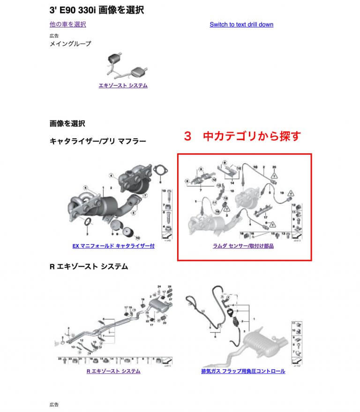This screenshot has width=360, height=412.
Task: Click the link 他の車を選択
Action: (x=67, y=24)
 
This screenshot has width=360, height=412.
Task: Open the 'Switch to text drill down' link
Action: (x=241, y=24)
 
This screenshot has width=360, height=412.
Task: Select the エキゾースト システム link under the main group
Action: (x=123, y=85)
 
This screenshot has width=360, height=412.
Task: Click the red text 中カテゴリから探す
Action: (x=241, y=136)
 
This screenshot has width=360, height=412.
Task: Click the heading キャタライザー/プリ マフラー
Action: (x=97, y=141)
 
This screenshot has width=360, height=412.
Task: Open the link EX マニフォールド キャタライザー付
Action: (x=113, y=246)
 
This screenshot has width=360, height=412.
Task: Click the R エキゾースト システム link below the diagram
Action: (x=113, y=371)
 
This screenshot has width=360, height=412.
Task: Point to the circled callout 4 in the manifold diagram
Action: (x=112, y=176)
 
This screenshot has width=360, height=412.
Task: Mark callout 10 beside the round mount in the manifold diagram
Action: (x=137, y=238)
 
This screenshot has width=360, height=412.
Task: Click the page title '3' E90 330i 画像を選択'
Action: (x=97, y=9)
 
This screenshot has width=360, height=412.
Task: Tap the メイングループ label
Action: (x=70, y=44)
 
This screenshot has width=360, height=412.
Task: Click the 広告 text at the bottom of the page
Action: (x=54, y=404)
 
